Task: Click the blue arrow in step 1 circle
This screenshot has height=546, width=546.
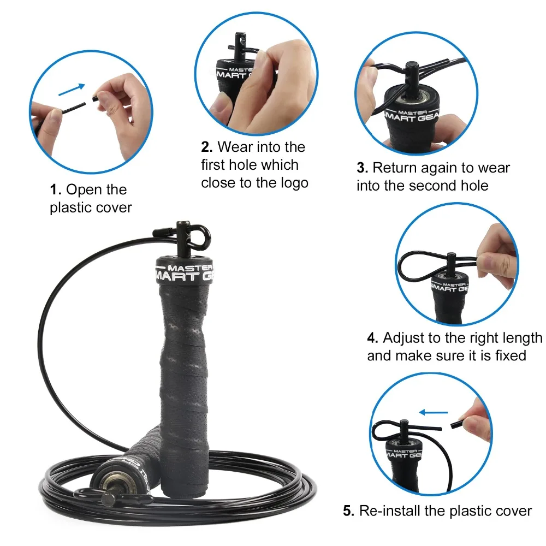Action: (72, 90)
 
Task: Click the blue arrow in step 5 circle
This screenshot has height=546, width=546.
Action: (434, 413)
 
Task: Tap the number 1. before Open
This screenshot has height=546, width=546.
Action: (56, 190)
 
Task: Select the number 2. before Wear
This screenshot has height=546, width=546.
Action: (207, 147)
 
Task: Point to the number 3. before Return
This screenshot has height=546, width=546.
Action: (363, 168)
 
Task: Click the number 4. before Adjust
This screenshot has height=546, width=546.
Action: (372, 338)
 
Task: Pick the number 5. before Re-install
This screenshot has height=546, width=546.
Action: (348, 511)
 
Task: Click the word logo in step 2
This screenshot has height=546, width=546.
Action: (293, 183)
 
